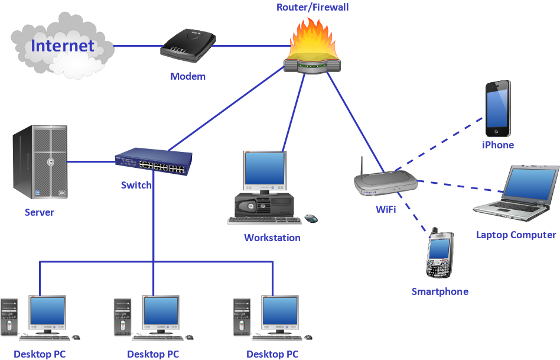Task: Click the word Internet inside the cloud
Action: pos(63,46)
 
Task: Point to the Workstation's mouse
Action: pos(311,219)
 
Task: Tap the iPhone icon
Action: pos(498,109)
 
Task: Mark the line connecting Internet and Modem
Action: pos(136,46)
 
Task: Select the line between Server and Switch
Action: pos(92,160)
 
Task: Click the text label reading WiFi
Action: pos(386,209)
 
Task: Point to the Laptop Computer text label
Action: pos(516,235)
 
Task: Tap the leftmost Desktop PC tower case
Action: pos(10,318)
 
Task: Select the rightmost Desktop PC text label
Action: pos(272,354)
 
